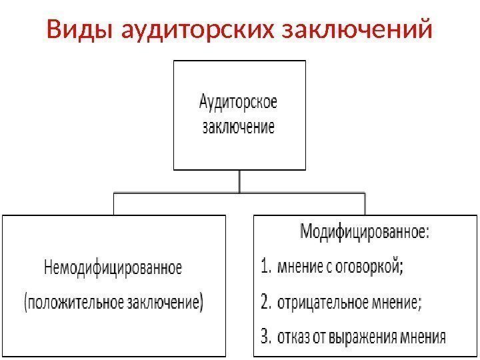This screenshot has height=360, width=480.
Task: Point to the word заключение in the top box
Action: tap(239, 127)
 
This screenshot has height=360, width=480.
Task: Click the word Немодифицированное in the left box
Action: tap(113, 269)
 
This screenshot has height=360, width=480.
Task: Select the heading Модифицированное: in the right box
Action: tap(365, 233)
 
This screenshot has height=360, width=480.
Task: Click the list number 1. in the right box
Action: tap(265, 268)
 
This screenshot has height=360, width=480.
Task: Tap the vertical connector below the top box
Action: tap(239, 181)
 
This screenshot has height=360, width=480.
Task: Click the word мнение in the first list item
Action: tap(301, 268)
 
